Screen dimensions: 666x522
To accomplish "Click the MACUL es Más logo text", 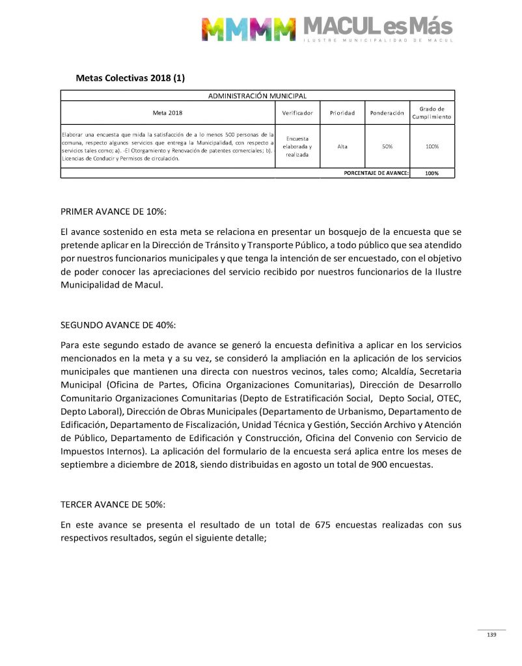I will (378, 27).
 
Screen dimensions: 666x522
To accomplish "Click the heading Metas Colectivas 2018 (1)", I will (130, 78).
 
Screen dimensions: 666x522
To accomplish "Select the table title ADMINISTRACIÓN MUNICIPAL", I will (257, 96).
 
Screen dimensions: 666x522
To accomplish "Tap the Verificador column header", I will (297, 113).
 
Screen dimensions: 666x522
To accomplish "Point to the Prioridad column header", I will (342, 113).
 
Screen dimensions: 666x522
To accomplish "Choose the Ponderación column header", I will (387, 113).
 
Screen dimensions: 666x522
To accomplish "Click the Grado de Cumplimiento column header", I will (432, 113).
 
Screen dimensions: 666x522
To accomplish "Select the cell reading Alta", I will (342, 146).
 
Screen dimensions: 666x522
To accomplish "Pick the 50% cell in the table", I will (387, 146).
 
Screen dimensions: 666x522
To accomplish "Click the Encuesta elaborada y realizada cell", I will (297, 146).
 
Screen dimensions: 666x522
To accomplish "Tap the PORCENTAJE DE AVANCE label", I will (376, 173).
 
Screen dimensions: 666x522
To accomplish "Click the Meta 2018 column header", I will (167, 113).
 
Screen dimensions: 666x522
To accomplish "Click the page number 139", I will (491, 635).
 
